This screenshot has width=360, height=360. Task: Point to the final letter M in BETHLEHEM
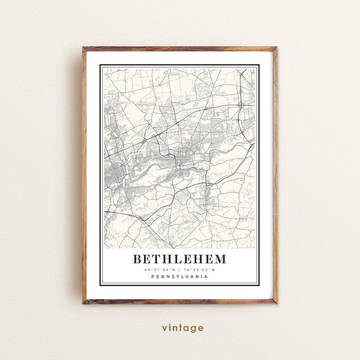tap(220, 260)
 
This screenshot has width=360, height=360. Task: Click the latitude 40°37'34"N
tap(160, 271)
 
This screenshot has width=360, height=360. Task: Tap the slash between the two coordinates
tap(180, 271)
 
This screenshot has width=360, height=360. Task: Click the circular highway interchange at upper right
tap(241, 104)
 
